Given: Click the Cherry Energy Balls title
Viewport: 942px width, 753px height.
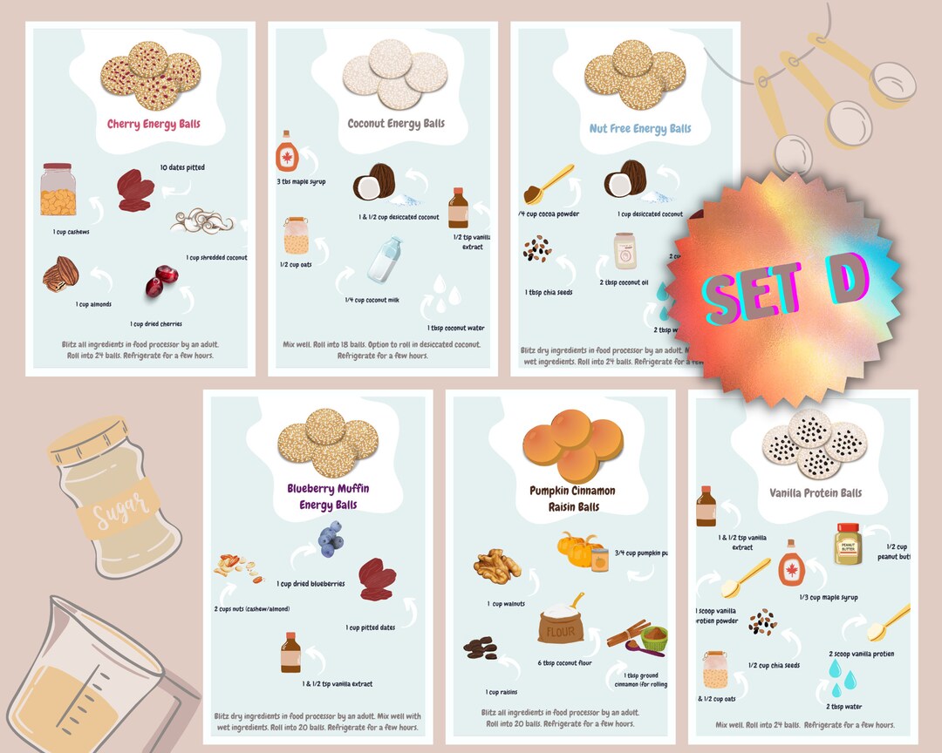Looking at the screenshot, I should (154, 124).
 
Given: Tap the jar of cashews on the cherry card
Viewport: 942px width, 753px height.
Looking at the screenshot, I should (58, 190).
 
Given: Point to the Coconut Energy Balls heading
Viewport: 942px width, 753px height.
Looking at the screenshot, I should (396, 123).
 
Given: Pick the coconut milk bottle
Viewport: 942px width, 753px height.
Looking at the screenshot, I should (384, 260).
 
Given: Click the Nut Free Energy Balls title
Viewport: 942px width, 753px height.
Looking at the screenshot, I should (639, 128).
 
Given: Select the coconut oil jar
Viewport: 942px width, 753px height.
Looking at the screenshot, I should (625, 251).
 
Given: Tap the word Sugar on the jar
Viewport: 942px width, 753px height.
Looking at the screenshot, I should (119, 505).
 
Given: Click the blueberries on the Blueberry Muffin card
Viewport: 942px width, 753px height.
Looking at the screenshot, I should (330, 539).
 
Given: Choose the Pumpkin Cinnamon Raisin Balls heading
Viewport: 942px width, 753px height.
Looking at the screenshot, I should (572, 499).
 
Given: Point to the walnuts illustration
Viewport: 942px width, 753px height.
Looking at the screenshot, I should (497, 565).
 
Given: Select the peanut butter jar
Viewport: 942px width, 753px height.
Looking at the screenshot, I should (847, 543).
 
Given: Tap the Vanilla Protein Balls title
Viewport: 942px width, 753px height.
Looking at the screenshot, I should (815, 492).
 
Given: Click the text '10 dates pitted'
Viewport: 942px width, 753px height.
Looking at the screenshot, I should (182, 167).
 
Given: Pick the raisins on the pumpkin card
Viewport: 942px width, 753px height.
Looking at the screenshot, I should (480, 648).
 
